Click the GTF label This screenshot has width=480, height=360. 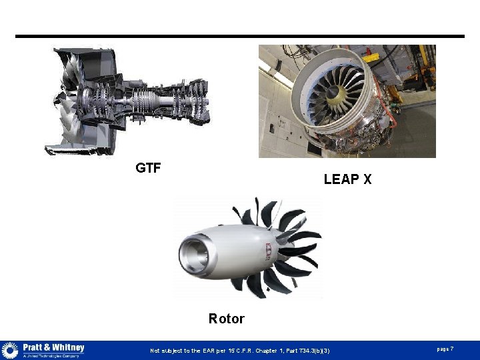click(148, 168)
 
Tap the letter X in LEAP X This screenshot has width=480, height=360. click(367, 179)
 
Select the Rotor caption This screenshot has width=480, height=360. click(226, 319)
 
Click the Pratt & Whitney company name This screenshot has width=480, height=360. click(53, 347)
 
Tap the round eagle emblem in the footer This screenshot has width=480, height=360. click(10, 351)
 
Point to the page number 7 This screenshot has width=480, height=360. click(452, 349)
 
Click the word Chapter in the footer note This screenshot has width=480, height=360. click(265, 351)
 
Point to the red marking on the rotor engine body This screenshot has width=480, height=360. click(268, 251)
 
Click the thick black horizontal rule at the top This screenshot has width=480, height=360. click(240, 36)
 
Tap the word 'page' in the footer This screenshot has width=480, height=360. click(443, 349)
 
